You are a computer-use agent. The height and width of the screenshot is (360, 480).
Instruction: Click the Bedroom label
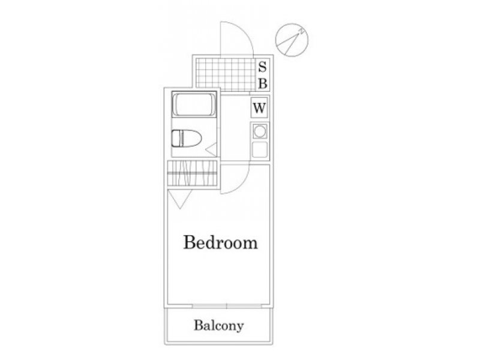[220, 242]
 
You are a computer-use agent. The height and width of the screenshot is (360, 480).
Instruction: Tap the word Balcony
[219, 325]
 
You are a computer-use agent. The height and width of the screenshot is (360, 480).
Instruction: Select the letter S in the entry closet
[262, 67]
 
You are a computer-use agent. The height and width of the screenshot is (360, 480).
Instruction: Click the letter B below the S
[263, 83]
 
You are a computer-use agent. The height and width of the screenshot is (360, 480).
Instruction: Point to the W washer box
[259, 107]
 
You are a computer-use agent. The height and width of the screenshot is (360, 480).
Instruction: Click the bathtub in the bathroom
[194, 104]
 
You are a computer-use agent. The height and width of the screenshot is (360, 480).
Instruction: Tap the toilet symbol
[186, 139]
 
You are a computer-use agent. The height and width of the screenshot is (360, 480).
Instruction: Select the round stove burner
[260, 131]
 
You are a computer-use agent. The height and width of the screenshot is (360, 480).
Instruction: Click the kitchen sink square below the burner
[260, 149]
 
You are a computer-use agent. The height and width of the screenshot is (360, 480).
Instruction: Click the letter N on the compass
[302, 31]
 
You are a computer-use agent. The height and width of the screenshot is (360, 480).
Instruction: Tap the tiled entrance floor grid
[226, 74]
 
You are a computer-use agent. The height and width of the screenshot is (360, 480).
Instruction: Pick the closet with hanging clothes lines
[192, 173]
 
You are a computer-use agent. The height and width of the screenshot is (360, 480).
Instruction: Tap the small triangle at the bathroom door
[212, 149]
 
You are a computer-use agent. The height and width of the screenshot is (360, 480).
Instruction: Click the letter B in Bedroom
[189, 242]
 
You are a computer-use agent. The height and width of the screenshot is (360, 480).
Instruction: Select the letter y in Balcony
[240, 327]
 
